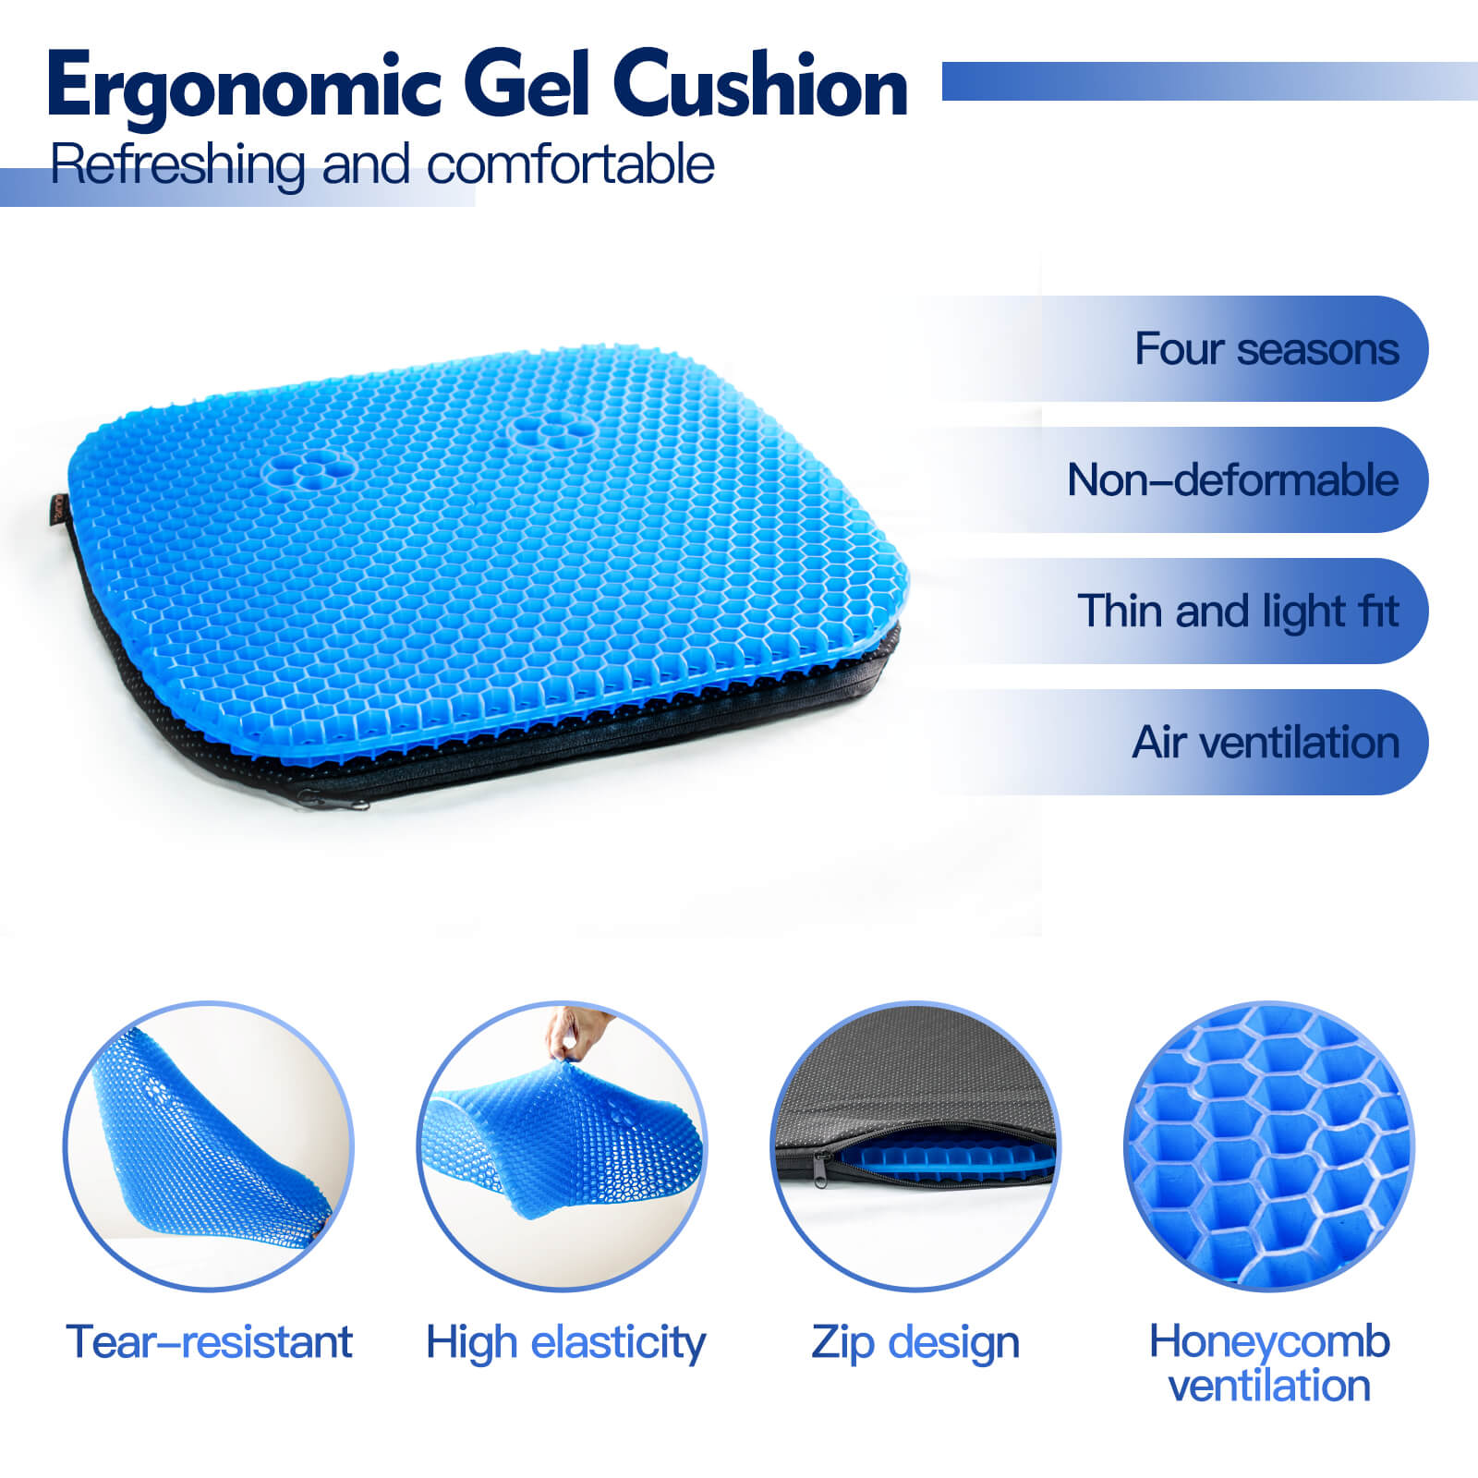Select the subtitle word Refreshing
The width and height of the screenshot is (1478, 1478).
tap(176, 166)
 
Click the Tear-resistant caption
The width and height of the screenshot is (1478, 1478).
tap(209, 1341)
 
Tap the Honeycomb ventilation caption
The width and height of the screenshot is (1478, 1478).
tap(1269, 1363)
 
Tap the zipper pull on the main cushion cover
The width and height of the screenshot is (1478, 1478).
tap(339, 801)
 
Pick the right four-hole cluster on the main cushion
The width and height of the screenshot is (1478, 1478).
tap(551, 430)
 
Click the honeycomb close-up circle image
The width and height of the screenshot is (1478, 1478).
tap(1269, 1145)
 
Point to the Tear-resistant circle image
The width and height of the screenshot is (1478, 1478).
tap(209, 1145)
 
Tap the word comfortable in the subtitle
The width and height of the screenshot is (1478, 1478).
tap(570, 166)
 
